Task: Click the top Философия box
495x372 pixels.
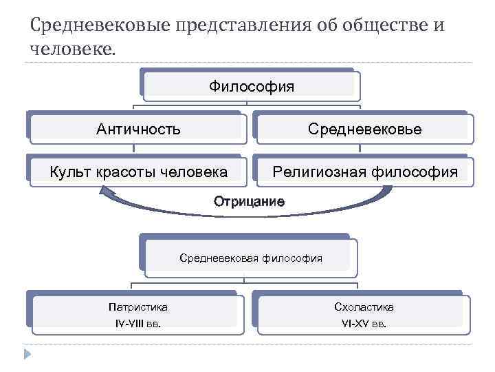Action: (x=251, y=87)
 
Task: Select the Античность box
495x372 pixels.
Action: (x=138, y=129)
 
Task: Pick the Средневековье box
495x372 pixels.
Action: (x=365, y=129)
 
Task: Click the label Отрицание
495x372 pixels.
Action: (x=249, y=202)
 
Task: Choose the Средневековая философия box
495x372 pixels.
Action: (x=250, y=258)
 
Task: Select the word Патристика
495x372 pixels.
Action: (x=137, y=307)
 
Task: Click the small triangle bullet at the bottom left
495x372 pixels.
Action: (x=26, y=355)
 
